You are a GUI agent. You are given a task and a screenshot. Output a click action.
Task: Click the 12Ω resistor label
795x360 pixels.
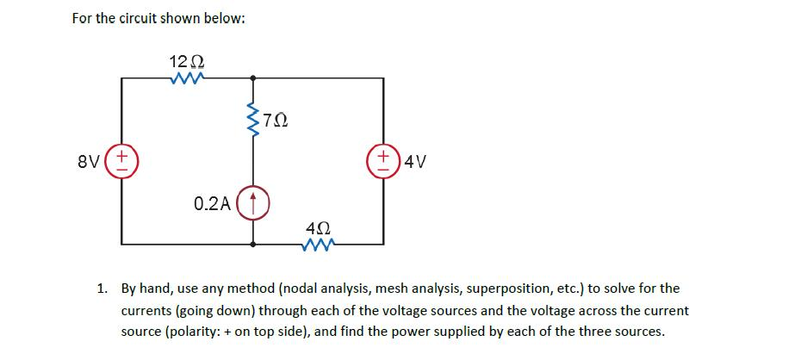coord(186,61)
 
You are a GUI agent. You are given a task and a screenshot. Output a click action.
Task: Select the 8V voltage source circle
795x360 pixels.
coord(122,161)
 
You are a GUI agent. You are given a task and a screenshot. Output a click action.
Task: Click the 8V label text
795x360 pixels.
coord(97,161)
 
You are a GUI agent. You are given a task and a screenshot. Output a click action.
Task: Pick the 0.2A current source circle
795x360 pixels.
coord(252,204)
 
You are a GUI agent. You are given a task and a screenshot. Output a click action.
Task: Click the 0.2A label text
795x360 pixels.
coord(212,205)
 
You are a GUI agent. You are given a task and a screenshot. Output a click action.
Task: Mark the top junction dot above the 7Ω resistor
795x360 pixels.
coord(252,78)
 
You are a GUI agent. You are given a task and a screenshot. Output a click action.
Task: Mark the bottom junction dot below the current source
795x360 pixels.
coord(252,245)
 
